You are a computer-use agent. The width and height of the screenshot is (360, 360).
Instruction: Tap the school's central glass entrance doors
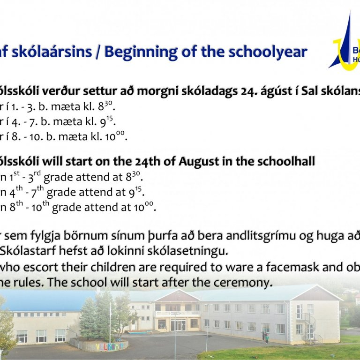click(178, 324)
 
